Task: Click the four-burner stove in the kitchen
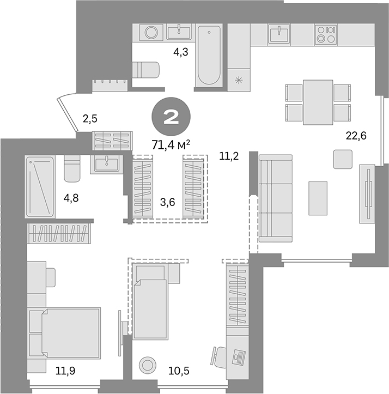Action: pyautogui.click(x=326, y=35)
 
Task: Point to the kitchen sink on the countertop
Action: pyautogui.click(x=282, y=35)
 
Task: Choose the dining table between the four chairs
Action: pyautogui.click(x=318, y=102)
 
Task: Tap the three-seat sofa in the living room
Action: pyautogui.click(x=275, y=197)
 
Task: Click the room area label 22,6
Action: pyautogui.click(x=355, y=136)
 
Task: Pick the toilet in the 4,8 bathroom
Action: pyautogui.click(x=72, y=169)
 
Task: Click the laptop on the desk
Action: pyautogui.click(x=238, y=358)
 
